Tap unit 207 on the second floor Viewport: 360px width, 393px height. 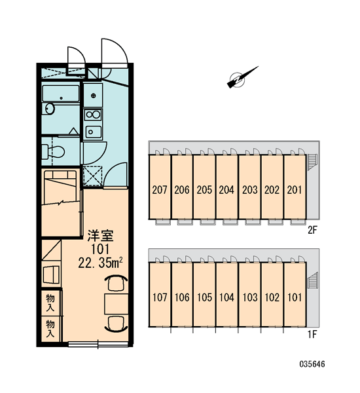[x=160, y=187]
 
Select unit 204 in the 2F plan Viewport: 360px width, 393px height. [x=226, y=187]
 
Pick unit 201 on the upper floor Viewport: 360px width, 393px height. [x=295, y=187]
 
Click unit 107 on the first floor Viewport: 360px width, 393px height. [x=160, y=295]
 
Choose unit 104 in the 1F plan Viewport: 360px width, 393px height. [x=226, y=295]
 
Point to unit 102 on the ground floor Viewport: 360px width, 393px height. [x=272, y=295]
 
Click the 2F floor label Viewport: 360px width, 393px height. [x=312, y=230]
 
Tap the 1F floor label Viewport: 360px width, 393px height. [x=312, y=334]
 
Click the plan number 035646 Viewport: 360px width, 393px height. [x=312, y=364]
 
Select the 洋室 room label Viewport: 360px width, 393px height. [x=100, y=236]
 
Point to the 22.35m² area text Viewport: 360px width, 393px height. [x=100, y=263]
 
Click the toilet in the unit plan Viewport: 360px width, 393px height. [x=53, y=151]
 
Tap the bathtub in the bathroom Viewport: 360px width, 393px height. [x=61, y=94]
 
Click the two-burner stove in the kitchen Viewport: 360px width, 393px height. [x=93, y=115]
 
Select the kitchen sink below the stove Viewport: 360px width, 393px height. [x=94, y=132]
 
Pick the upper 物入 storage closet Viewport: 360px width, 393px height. [x=50, y=303]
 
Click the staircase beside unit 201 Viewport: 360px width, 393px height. [x=313, y=162]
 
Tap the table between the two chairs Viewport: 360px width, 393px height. [x=117, y=304]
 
